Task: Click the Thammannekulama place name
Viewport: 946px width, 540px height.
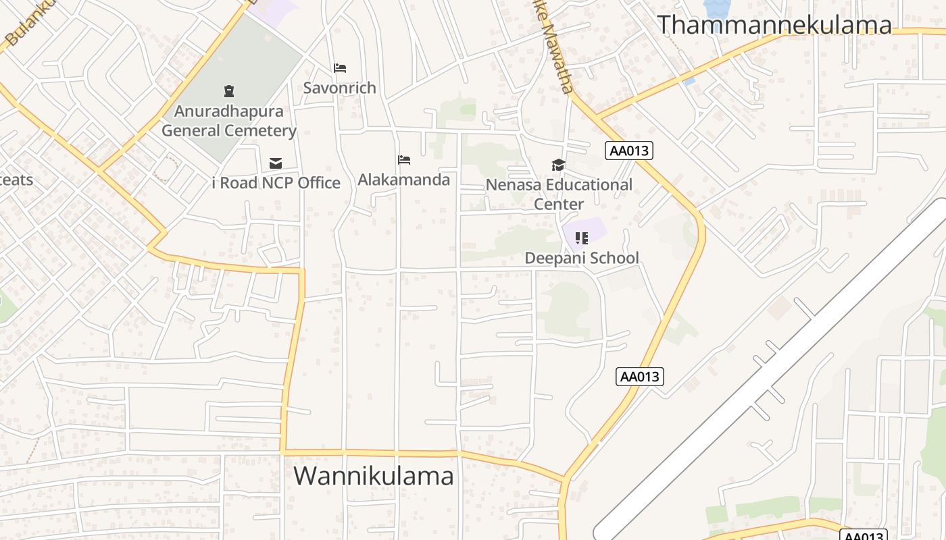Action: [774, 25]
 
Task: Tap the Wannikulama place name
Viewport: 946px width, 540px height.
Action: [374, 476]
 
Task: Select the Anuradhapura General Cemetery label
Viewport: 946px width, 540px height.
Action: [229, 121]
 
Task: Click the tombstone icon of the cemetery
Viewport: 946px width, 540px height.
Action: [229, 90]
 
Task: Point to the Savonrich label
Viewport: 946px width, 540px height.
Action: [339, 88]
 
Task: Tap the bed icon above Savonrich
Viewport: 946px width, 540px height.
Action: [340, 68]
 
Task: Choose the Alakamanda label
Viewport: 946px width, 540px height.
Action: [403, 180]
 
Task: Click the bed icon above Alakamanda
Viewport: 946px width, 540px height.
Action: [404, 160]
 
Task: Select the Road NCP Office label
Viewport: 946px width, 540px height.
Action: [276, 183]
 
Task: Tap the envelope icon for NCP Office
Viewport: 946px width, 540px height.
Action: [275, 163]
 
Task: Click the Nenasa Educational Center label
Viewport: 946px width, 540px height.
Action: [559, 194]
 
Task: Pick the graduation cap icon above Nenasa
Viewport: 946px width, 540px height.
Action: [558, 165]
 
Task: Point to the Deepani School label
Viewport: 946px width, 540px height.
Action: [582, 258]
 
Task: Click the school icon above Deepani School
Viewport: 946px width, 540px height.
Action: [581, 238]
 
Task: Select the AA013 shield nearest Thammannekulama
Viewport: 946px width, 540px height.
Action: [629, 151]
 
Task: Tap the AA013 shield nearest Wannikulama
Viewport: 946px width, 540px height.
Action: [639, 376]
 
